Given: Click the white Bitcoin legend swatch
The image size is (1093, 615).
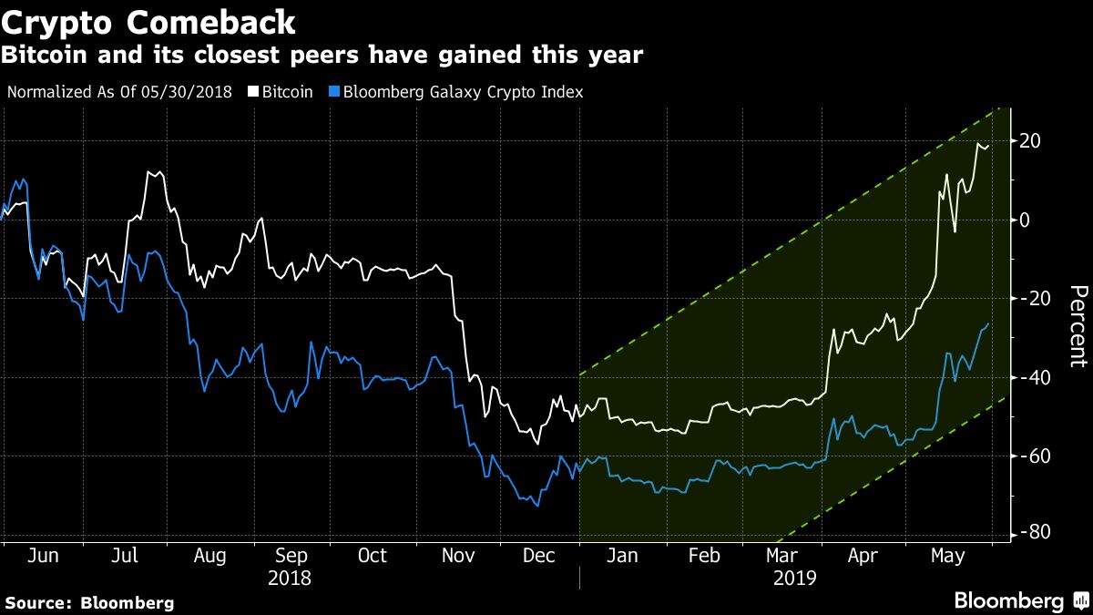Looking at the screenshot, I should click(x=255, y=92).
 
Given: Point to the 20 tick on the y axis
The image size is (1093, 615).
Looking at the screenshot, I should click(x=1031, y=141).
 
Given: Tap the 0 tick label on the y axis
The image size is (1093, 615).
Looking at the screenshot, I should click(x=1026, y=220).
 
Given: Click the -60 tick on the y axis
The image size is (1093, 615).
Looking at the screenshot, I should click(x=1031, y=456).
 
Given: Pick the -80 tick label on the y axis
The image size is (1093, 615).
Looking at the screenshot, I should click(x=1031, y=532).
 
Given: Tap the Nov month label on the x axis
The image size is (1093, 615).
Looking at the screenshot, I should click(x=453, y=556).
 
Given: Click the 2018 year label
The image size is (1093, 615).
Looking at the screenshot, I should click(x=289, y=578).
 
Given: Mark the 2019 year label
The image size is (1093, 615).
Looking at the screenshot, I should click(x=795, y=578).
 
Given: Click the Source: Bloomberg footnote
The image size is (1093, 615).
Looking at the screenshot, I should click(x=89, y=602).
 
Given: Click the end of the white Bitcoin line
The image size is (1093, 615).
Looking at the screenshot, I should click(x=989, y=144).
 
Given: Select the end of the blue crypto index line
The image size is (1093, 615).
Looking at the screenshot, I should click(x=989, y=324).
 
